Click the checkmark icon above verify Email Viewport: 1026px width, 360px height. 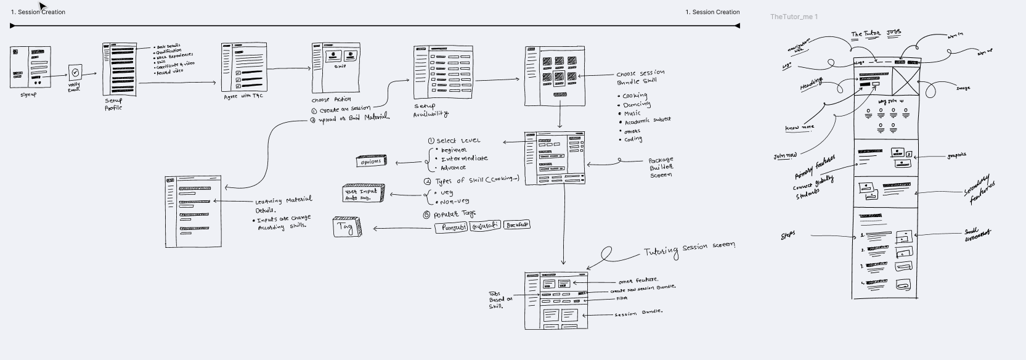[x=75, y=72]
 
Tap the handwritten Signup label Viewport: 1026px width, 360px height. [x=29, y=95]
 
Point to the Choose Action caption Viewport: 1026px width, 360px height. [x=331, y=99]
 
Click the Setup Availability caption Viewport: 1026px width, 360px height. [x=430, y=110]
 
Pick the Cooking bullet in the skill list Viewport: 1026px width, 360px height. [x=634, y=96]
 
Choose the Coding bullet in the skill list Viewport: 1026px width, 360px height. [x=632, y=139]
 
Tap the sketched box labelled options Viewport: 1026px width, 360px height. [x=371, y=162]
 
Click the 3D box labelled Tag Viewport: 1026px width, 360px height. [x=346, y=227]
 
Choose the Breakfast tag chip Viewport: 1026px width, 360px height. [x=516, y=225]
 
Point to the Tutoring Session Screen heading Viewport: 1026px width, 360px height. [x=689, y=248]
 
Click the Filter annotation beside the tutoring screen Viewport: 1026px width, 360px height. [x=622, y=298]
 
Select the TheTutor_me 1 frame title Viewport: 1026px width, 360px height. [x=794, y=17]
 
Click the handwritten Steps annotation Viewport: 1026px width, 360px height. [x=788, y=234]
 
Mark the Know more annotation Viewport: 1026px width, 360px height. [x=799, y=128]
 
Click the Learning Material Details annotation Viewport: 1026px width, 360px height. [x=283, y=204]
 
